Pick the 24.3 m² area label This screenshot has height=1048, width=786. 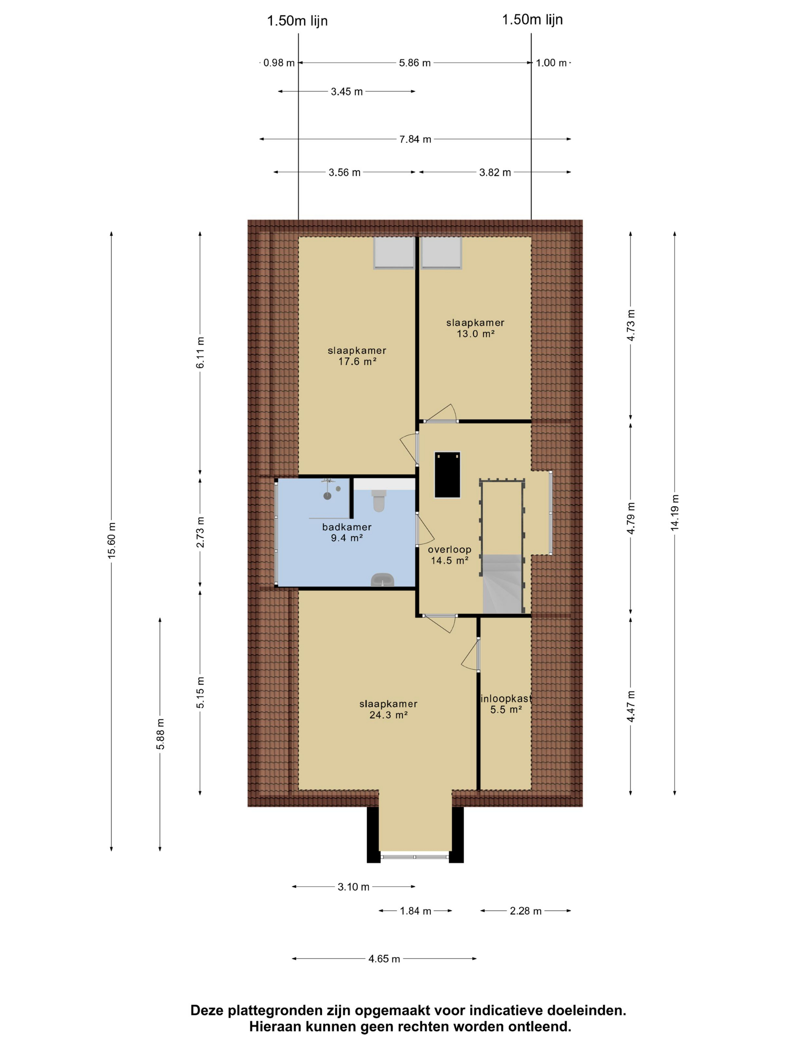point(389,715)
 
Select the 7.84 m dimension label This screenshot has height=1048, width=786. point(415,139)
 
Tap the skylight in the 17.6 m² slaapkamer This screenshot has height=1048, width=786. point(394,253)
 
